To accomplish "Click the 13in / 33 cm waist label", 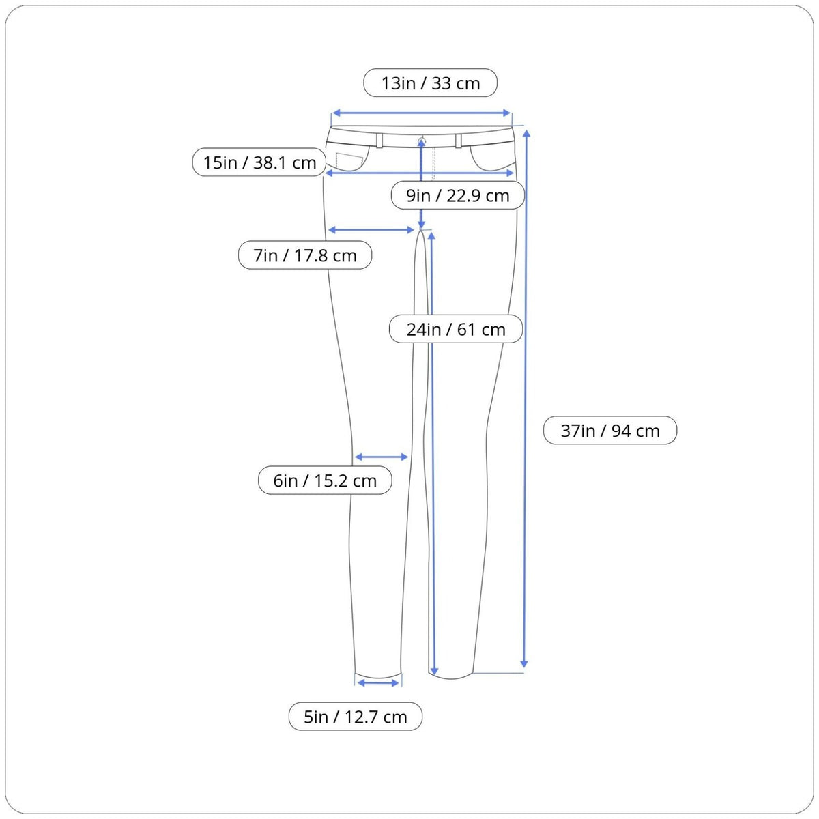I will (430, 83).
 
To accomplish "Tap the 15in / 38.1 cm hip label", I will (259, 163).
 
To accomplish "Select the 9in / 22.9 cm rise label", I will (458, 196).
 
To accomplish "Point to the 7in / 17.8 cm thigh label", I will (305, 256).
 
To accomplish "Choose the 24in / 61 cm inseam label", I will (456, 330).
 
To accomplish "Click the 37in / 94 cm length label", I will (610, 431).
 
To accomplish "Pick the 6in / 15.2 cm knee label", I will (325, 480).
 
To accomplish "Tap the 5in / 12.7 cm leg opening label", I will (355, 717).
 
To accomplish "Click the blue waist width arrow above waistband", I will (421, 113).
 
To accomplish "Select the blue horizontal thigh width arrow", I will (371, 230).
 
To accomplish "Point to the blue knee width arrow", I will (382, 457).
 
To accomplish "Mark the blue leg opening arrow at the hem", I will (378, 682).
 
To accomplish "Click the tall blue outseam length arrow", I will (525, 396).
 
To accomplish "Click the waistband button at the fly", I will (422, 141).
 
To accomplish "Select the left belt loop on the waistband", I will (379, 141).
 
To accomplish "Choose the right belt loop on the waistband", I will (459, 141).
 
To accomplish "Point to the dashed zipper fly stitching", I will (433, 164).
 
